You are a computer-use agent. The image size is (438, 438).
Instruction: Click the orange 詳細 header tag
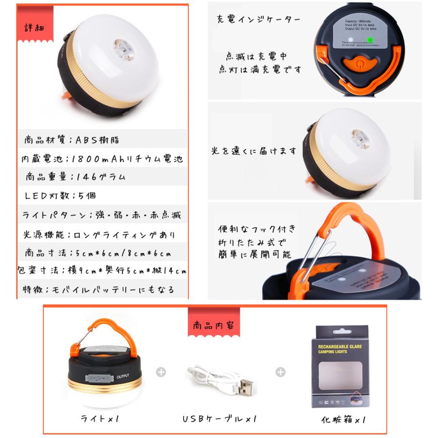(35, 26)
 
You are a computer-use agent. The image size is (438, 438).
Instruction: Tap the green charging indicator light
(370, 40)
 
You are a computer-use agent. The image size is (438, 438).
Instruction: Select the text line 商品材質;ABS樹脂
(72, 140)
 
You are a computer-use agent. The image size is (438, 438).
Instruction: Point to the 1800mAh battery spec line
(102, 159)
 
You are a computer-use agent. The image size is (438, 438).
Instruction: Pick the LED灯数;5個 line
(60, 196)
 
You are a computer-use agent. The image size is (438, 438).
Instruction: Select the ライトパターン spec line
(102, 215)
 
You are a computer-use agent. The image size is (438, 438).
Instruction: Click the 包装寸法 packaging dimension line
(102, 271)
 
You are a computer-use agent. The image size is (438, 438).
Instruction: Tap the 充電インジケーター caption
(258, 20)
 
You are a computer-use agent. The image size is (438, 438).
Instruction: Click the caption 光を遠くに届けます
(253, 151)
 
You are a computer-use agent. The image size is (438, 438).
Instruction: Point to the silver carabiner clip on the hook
(311, 253)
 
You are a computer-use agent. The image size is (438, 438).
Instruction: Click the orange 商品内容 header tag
(213, 325)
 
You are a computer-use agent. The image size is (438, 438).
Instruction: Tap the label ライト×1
(101, 418)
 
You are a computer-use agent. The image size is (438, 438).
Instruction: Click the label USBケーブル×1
(219, 419)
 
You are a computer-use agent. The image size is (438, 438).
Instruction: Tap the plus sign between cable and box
(280, 372)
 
